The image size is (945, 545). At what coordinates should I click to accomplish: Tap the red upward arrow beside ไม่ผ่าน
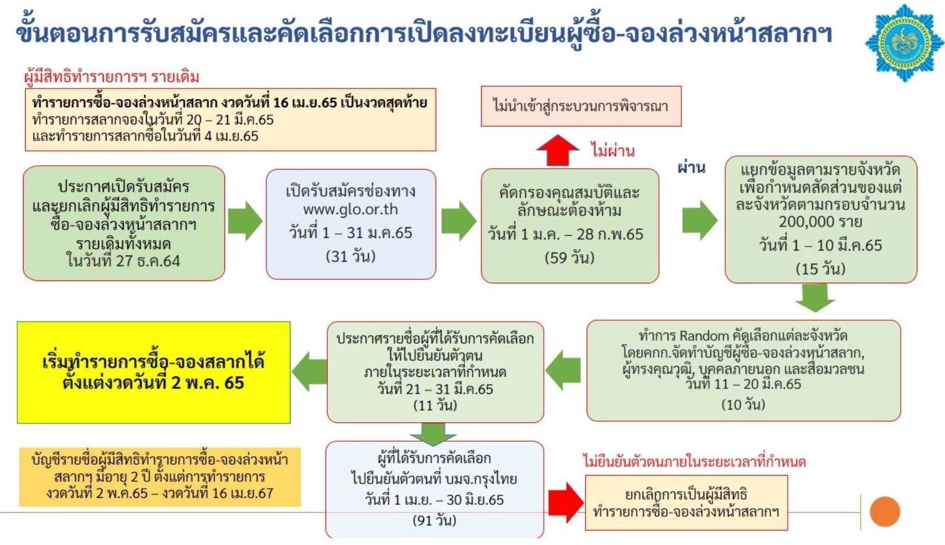click(x=557, y=150)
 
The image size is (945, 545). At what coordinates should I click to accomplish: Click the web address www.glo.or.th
click(x=350, y=209)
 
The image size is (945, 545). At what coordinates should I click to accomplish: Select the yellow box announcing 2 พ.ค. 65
click(x=154, y=372)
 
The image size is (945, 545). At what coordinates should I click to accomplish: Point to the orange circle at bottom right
click(x=885, y=512)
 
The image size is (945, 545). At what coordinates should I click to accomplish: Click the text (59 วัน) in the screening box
click(x=570, y=258)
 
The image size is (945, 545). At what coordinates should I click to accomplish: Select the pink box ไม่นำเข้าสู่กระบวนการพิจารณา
click(x=580, y=106)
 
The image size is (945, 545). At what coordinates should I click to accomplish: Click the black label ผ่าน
click(x=691, y=168)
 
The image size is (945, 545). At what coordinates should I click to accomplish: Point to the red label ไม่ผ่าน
click(x=613, y=151)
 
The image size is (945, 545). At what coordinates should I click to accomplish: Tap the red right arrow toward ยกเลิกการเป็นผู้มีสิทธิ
click(x=566, y=502)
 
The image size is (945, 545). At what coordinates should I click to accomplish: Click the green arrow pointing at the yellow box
click(x=309, y=372)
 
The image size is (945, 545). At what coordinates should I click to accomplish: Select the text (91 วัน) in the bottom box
click(x=435, y=520)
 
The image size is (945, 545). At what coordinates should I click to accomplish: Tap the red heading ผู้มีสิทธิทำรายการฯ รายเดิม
click(x=112, y=76)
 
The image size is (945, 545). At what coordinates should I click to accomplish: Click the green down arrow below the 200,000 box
click(x=815, y=297)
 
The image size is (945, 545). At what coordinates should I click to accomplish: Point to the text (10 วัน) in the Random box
click(x=743, y=404)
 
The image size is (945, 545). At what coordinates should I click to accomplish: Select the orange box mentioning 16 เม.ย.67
click(x=160, y=477)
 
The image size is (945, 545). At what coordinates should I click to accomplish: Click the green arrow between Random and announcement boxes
click(x=564, y=370)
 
